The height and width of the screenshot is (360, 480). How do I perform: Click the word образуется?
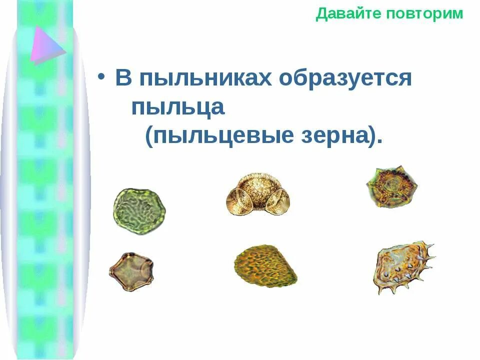[345, 79]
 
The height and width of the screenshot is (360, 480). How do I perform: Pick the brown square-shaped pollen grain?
[131, 272]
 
